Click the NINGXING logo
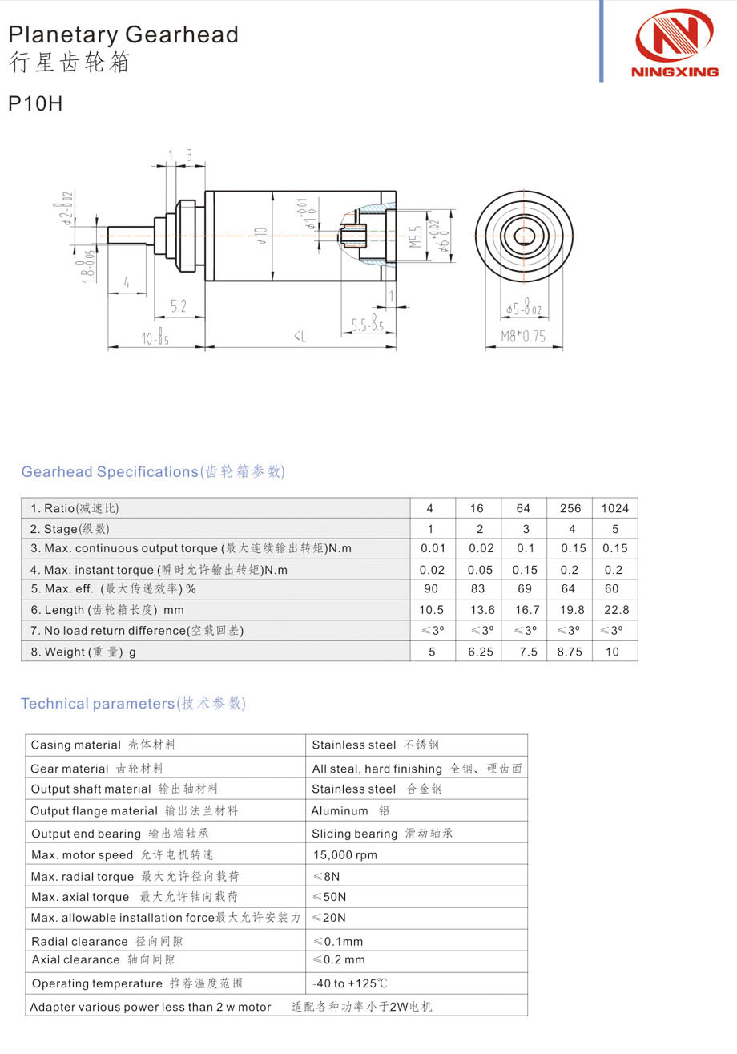click(675, 43)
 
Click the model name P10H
click(35, 104)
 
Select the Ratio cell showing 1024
click(614, 508)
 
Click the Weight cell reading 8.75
click(570, 652)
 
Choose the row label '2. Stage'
click(70, 529)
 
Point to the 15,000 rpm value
click(344, 855)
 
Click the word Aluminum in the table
click(340, 811)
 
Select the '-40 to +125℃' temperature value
click(349, 983)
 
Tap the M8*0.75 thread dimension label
click(523, 337)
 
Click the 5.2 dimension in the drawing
click(179, 305)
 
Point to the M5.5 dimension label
click(416, 235)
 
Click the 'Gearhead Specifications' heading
click(153, 472)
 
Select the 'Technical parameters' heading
click(133, 704)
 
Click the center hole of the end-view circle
click(525, 236)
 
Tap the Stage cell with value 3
click(524, 529)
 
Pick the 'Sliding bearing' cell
click(381, 834)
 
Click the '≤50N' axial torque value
click(329, 897)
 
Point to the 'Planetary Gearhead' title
click(123, 34)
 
